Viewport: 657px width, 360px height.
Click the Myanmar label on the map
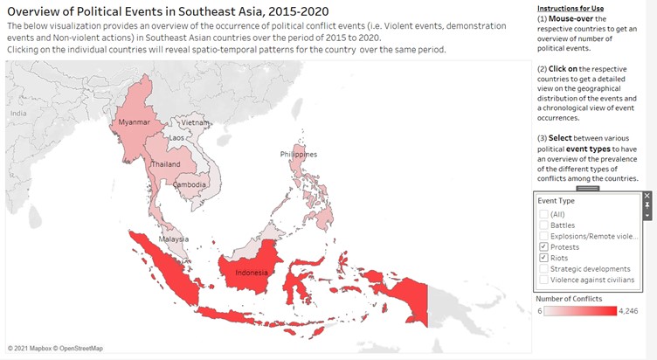pos(134,121)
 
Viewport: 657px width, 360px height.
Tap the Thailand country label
pos(165,164)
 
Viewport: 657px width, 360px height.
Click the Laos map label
pos(176,138)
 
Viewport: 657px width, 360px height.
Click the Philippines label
pos(299,154)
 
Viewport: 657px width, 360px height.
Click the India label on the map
pos(18,113)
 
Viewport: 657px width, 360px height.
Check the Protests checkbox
pos(543,247)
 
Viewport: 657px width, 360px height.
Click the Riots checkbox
pos(543,259)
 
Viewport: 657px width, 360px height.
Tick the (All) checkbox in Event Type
pos(543,214)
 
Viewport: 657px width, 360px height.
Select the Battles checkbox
pos(543,225)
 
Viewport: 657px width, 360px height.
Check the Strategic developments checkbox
pos(543,269)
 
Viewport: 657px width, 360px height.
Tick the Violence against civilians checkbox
pos(543,280)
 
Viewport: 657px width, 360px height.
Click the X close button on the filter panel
pos(647,196)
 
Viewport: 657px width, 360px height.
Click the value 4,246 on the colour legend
pos(629,311)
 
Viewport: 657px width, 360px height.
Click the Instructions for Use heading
pos(570,8)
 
